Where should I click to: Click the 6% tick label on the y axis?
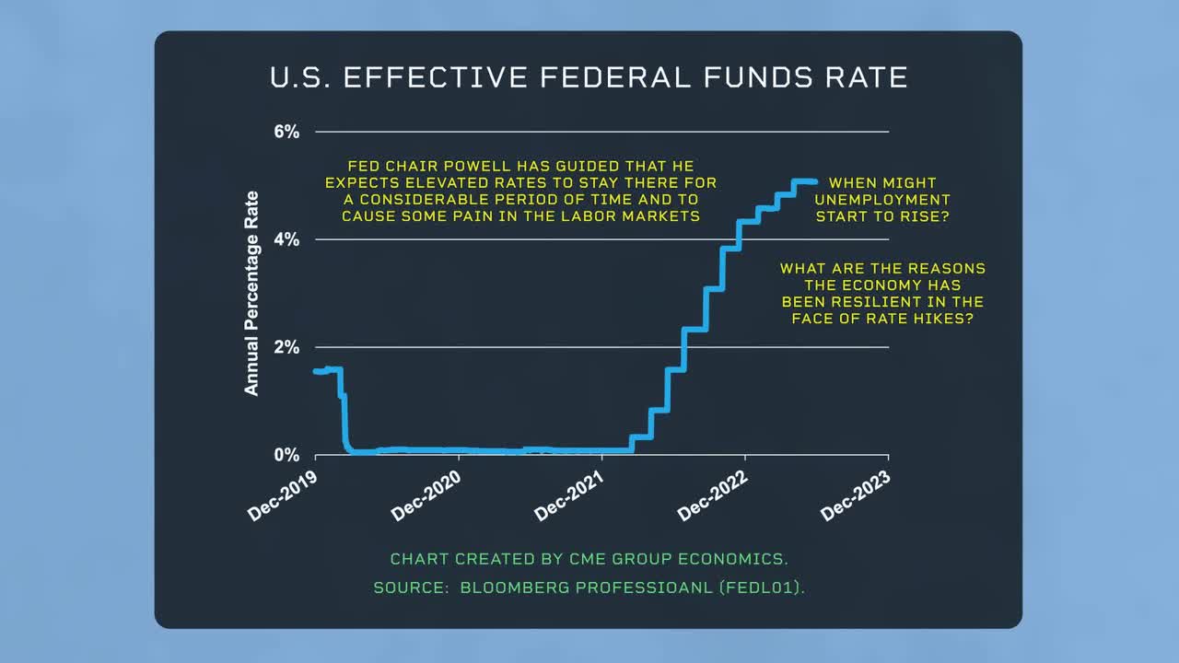[x=286, y=132]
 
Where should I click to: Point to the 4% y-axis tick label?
[x=286, y=239]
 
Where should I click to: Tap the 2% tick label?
[x=286, y=347]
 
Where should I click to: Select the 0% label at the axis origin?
[x=286, y=455]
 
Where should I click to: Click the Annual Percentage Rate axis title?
[x=251, y=293]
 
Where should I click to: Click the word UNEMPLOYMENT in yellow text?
[x=882, y=200]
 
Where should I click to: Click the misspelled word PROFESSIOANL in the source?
[x=644, y=587]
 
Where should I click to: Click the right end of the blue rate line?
[x=815, y=181]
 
